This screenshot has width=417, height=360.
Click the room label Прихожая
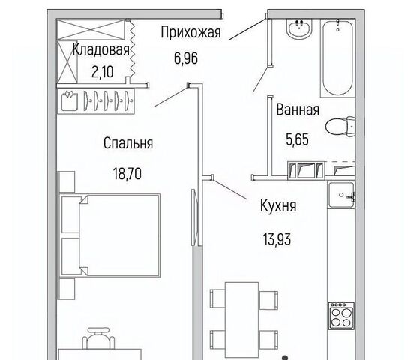(x=191, y=33)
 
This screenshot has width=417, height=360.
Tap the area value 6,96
(x=186, y=58)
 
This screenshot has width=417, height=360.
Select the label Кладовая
(x=100, y=49)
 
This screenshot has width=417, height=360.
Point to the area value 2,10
(x=103, y=72)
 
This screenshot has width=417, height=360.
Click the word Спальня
(x=128, y=143)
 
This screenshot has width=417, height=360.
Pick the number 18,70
(x=127, y=174)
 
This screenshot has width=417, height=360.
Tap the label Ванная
(x=298, y=109)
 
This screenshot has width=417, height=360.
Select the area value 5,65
(x=297, y=139)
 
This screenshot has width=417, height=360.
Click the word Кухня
(x=278, y=205)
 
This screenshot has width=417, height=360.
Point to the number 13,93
(x=277, y=239)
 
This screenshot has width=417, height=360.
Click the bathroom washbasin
(x=299, y=28)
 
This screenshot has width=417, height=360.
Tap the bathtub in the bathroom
(x=337, y=58)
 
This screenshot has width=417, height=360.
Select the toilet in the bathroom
(x=340, y=127)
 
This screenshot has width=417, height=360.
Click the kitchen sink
(x=341, y=195)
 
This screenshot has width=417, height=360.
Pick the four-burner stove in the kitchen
(x=341, y=316)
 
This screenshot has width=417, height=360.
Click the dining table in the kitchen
(x=242, y=319)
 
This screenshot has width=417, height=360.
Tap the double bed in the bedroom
(x=110, y=235)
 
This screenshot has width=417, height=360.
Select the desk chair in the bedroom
(x=98, y=338)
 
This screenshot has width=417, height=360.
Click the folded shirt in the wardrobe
(x=70, y=100)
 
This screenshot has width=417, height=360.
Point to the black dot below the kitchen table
(x=285, y=358)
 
